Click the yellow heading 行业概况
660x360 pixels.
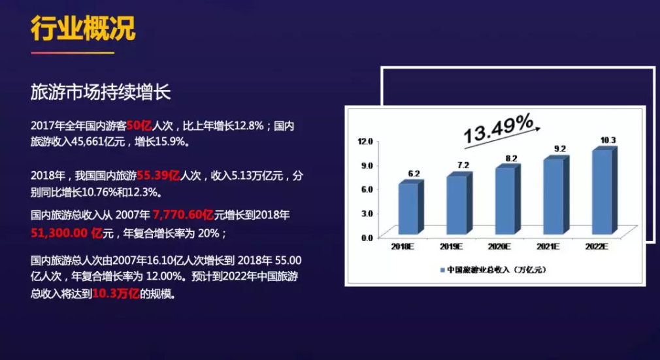click(84, 29)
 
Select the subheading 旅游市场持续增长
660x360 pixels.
click(101, 92)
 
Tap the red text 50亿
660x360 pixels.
click(139, 125)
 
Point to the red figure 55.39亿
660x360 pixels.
click(159, 175)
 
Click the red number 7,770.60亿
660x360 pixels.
click(183, 215)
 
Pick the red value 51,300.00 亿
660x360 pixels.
click(67, 233)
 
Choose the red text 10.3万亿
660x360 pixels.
click(116, 293)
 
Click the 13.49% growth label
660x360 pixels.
click(499, 128)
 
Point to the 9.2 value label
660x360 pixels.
click(560, 148)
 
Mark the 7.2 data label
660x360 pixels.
click(463, 165)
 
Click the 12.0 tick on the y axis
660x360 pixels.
click(365, 141)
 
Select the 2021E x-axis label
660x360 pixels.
click(548, 247)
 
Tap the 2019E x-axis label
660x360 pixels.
click(451, 247)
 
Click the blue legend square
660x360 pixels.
click(442, 270)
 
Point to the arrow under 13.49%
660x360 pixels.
click(502, 138)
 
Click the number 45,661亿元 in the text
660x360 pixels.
click(99, 142)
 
